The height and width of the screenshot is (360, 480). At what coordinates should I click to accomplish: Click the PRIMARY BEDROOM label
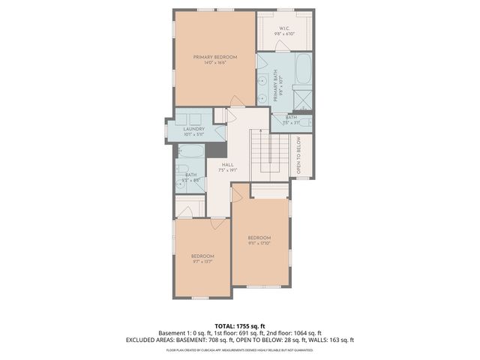(214, 57)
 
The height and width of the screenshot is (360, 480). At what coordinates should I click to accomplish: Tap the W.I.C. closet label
(284, 29)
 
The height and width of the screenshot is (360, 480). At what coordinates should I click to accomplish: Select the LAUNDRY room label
(193, 129)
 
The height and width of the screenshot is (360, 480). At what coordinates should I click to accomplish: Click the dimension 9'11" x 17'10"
(259, 242)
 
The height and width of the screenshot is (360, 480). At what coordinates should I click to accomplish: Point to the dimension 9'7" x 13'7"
(202, 262)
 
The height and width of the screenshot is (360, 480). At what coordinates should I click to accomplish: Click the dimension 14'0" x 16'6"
(214, 63)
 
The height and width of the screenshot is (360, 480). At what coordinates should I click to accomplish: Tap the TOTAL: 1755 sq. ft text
(240, 326)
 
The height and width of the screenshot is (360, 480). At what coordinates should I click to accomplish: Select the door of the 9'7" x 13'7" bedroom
(217, 222)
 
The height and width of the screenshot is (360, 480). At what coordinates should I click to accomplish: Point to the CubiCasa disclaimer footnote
(240, 349)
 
